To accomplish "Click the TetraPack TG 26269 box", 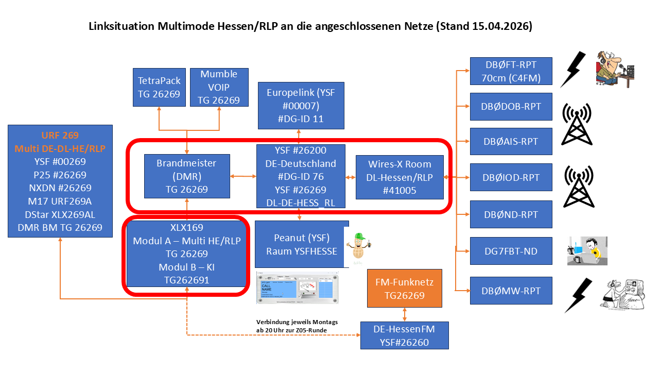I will click(159, 87).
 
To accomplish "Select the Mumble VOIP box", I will click(219, 87).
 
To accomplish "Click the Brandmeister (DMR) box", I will click(186, 176).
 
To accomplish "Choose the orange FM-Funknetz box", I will click(405, 289).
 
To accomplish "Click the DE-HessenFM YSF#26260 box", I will click(404, 335).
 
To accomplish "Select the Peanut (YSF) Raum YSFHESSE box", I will click(302, 244).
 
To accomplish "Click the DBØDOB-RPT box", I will click(511, 107).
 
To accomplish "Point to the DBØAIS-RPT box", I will click(511, 142).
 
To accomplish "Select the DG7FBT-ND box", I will click(511, 251).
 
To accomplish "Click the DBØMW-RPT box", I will click(511, 291).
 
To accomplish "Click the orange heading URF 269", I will click(60, 136).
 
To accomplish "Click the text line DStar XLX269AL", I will click(60, 214).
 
